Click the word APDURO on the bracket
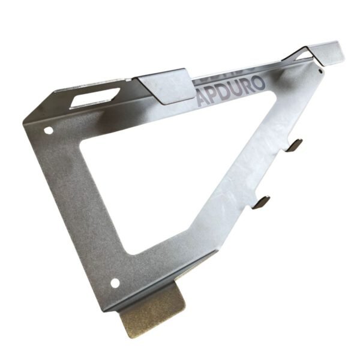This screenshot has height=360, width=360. [x=230, y=91]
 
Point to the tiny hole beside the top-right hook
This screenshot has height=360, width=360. [x=320, y=70]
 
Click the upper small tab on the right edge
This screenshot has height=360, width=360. [x=295, y=145]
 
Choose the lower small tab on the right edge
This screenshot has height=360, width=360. [x=262, y=202]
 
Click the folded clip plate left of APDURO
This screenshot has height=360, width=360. [x=163, y=86]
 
